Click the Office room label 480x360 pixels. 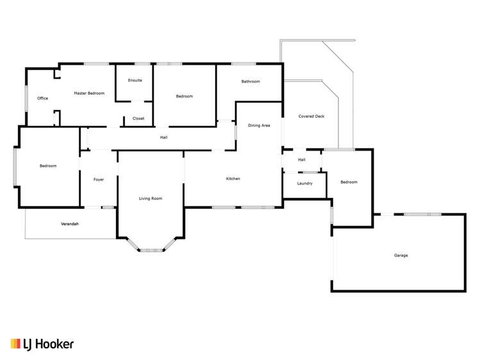tap(42, 98)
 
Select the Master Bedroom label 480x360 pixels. tap(89, 94)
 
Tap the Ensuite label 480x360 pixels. tap(135, 80)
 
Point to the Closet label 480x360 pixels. tap(138, 119)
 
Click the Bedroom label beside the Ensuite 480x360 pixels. tap(185, 96)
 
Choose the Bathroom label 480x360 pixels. tap(251, 81)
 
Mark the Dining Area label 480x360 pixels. tap(259, 126)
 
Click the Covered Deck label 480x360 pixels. tap(311, 117)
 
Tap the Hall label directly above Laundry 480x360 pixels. tap(301, 160)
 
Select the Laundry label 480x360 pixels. tap(304, 183)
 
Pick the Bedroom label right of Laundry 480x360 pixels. tap(349, 182)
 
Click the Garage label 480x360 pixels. tap(401, 255)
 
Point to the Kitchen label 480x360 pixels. tap(233, 179)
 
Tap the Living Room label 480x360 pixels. tap(151, 199)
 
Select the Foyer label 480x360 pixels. tap(99, 179)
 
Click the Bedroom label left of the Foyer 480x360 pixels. tap(48, 166)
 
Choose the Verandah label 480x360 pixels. tap(70, 224)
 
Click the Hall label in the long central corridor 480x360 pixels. tap(164, 137)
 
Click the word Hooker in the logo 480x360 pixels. tap(56, 344)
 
